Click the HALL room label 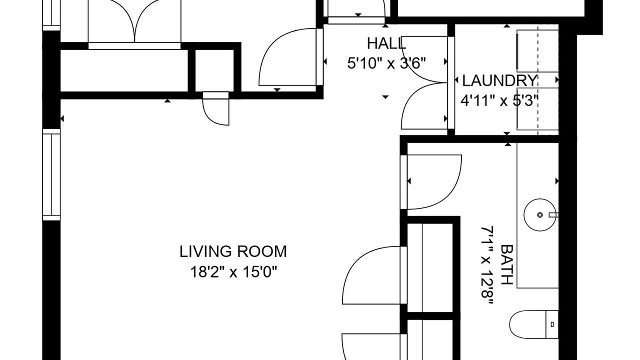tap(386, 43)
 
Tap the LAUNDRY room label tap(499, 80)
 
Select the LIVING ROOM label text tap(233, 251)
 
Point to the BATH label tap(507, 264)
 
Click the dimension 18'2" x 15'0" tap(233, 271)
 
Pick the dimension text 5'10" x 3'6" tap(386, 63)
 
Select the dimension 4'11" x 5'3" tap(499, 100)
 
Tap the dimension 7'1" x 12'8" tap(487, 266)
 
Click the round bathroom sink tap(539, 215)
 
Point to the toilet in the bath tap(533, 324)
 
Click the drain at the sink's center tap(539, 215)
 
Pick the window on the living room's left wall tap(51, 175)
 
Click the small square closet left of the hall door tap(214, 70)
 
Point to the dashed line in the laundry tap(538, 80)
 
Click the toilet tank tap(552, 324)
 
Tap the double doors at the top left tap(134, 21)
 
